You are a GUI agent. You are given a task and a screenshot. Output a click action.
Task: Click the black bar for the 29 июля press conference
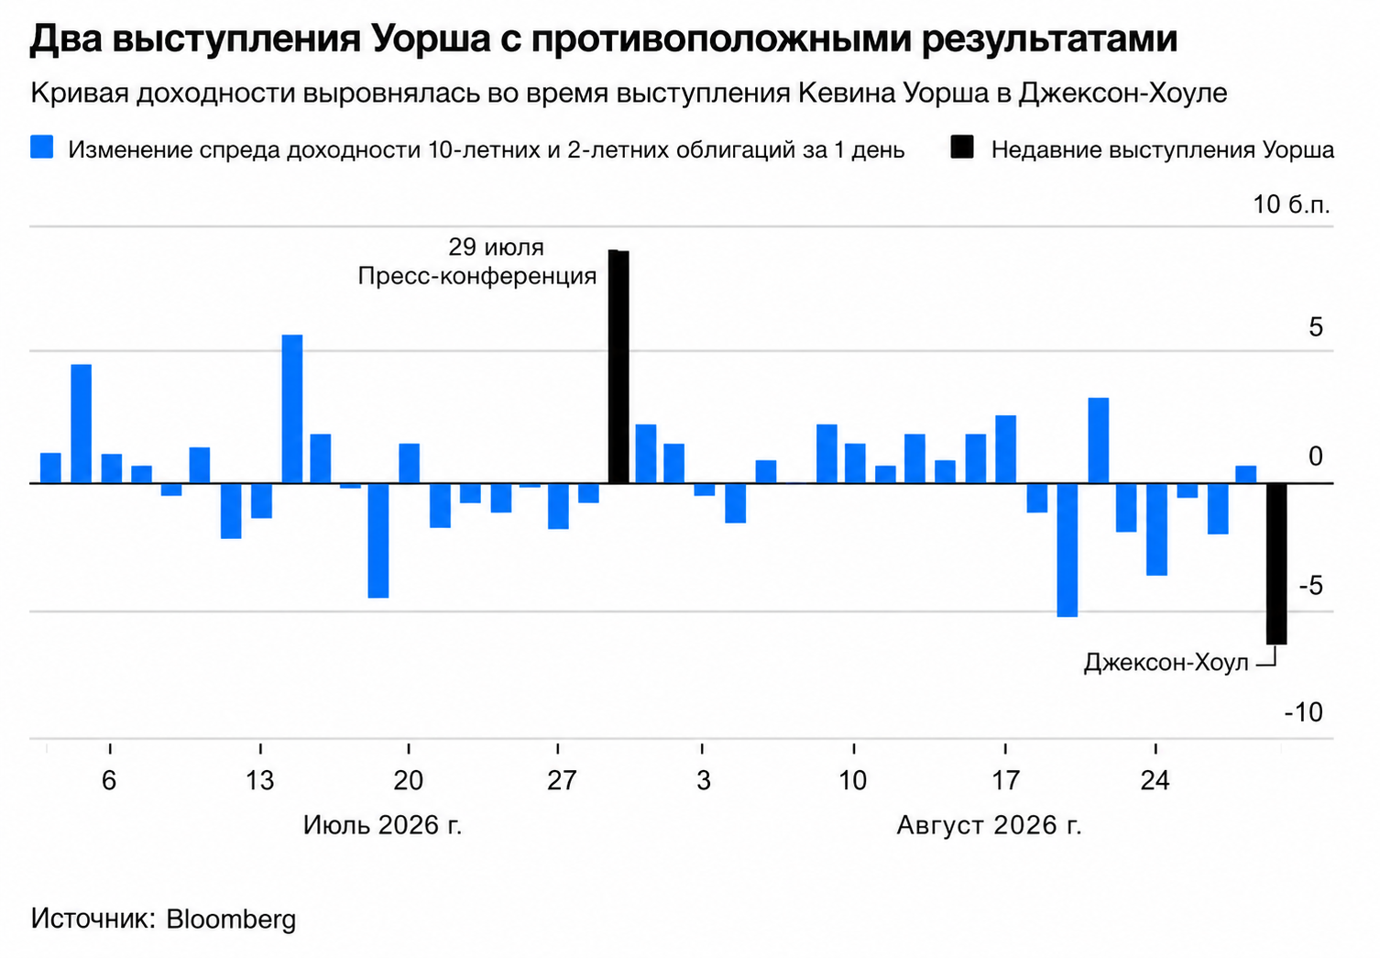619,367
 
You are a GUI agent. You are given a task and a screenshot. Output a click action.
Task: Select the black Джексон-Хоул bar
1276,564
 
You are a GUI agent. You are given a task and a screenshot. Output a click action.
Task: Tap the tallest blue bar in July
292,409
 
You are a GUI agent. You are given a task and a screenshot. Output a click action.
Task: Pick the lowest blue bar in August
1067,550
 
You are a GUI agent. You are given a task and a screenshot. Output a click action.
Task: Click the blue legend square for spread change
42,148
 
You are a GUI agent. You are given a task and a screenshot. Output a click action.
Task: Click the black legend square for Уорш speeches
961,148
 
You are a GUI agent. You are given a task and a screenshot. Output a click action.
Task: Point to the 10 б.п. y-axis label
1291,204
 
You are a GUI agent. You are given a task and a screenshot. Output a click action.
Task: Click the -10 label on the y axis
1304,712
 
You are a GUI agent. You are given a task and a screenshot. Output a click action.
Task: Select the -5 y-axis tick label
1311,586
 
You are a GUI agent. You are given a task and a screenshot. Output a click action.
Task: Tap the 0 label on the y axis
1315,457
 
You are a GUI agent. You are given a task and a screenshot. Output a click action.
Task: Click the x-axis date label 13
260,781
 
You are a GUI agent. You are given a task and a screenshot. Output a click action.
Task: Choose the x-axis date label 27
562,781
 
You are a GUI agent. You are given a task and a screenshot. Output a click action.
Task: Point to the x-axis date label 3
704,781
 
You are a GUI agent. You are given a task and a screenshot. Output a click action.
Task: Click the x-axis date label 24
1155,781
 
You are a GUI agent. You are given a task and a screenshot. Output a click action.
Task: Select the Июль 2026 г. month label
383,825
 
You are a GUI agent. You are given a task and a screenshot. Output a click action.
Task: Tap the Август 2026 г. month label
989,825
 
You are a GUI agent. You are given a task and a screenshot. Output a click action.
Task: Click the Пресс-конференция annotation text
477,276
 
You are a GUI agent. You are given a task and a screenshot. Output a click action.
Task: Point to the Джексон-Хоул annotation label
1166,664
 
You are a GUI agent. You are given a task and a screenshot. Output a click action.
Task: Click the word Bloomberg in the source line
231,919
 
